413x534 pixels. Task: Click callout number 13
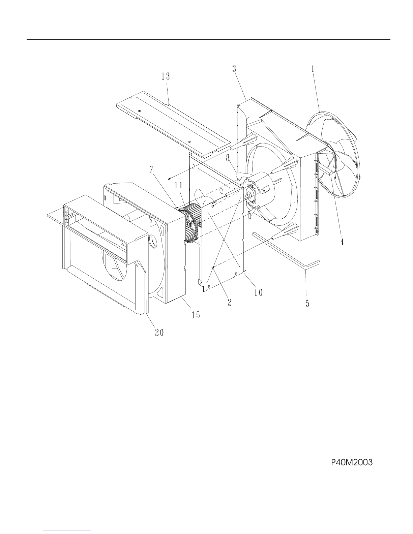[166, 76]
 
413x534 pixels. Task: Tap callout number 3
[234, 69]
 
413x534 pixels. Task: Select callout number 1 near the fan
[313, 69]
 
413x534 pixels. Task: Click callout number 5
[307, 303]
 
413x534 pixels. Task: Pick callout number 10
[258, 292]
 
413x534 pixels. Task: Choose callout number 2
[229, 302]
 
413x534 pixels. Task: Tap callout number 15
[196, 315]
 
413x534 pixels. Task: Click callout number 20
[159, 333]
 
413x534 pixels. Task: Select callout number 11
[179, 185]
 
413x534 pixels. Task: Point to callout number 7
[151, 170]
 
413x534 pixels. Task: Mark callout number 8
[228, 158]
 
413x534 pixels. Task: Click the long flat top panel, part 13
[174, 124]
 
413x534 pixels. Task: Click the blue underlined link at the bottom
[67, 530]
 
